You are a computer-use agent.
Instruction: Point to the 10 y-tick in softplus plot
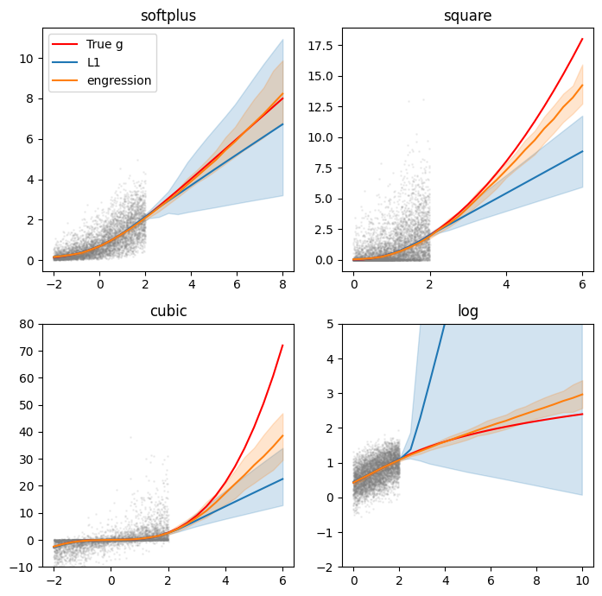[28, 59]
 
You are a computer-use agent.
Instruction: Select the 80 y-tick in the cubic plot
[28, 324]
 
